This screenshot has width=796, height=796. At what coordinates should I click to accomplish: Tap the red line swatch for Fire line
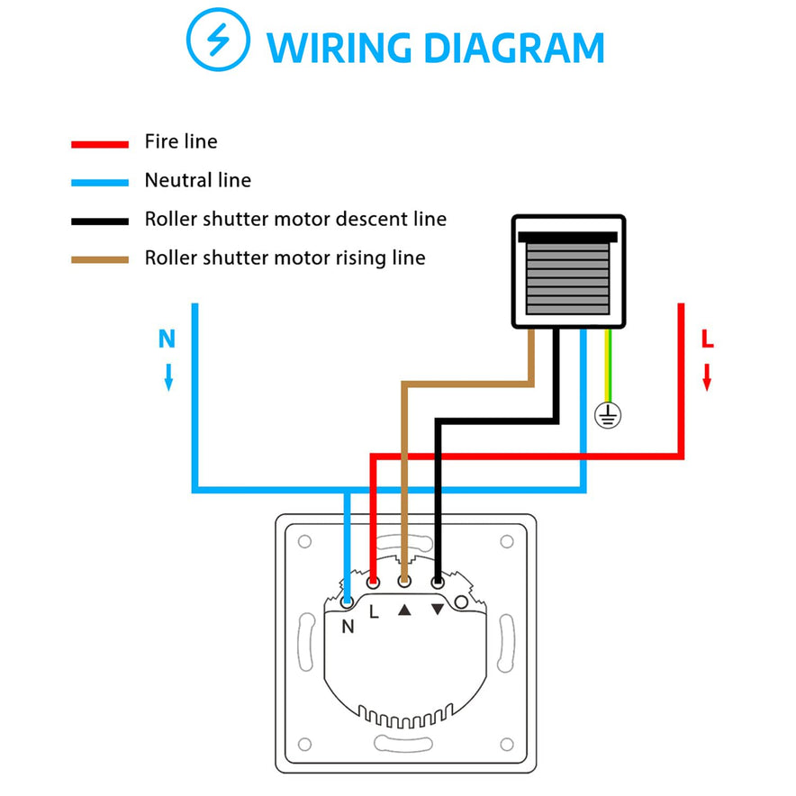(x=100, y=143)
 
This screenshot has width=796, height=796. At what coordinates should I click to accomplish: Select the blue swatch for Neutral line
(x=100, y=182)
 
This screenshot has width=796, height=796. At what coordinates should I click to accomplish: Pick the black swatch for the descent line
(x=100, y=221)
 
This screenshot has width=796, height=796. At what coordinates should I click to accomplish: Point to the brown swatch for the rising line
(x=100, y=259)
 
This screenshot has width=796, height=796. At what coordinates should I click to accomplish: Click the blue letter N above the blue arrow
(x=167, y=339)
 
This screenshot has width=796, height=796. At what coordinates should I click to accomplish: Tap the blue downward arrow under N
(x=167, y=376)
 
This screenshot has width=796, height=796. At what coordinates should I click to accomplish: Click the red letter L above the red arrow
(x=708, y=340)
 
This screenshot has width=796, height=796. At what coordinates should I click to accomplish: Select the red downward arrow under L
(x=708, y=376)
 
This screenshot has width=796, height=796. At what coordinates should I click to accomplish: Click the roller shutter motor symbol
(x=568, y=271)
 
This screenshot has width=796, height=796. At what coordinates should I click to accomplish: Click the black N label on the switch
(x=348, y=628)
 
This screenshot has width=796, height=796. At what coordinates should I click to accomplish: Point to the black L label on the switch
(x=374, y=611)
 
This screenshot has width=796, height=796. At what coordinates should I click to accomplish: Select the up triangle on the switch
(x=405, y=610)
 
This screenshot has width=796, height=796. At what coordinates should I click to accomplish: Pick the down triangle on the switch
(x=438, y=610)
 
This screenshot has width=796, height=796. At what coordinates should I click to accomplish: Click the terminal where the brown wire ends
(x=404, y=583)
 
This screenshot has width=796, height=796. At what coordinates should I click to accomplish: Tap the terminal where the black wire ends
(x=438, y=583)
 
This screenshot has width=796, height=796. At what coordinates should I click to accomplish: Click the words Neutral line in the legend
(x=197, y=181)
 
